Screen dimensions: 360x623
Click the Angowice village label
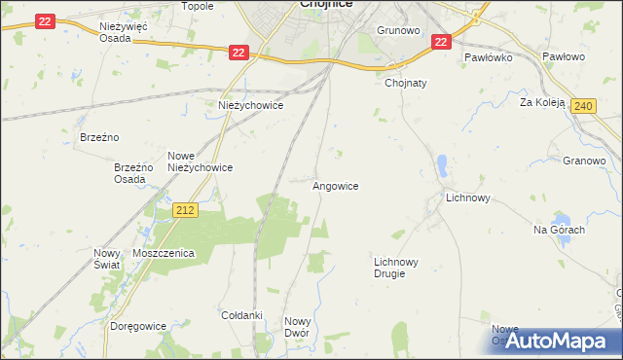point(335,185)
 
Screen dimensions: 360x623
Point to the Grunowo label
point(397,30)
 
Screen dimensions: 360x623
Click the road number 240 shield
point(582,106)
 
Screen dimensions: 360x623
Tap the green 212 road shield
point(186,209)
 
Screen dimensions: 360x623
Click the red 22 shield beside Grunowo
point(440,42)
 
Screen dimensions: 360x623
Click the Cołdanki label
point(242,315)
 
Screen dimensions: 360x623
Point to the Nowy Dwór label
point(297,327)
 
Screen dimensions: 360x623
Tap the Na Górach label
point(558,230)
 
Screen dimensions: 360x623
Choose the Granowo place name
point(584,161)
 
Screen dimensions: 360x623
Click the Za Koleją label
point(542,102)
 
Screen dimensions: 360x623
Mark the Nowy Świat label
point(106,259)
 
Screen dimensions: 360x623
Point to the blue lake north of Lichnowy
point(442,166)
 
